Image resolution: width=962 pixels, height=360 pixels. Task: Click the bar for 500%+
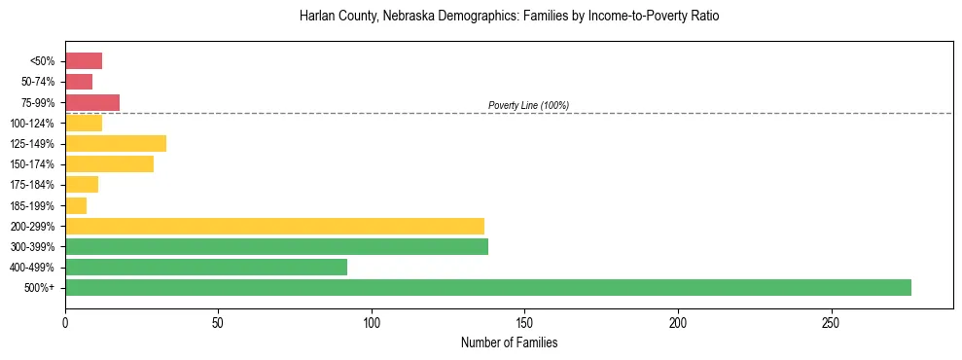487,287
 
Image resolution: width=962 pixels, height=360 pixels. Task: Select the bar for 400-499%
206,267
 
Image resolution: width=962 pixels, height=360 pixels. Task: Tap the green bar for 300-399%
276,246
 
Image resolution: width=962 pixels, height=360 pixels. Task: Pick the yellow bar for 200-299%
274,226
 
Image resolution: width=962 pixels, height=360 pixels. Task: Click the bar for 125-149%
116,144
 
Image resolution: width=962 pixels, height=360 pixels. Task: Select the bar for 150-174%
109,164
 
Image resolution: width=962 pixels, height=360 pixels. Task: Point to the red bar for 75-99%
92,103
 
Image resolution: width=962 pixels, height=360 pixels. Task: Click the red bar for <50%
84,61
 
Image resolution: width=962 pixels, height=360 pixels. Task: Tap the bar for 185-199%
76,205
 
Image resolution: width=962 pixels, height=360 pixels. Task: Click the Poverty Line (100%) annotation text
528,105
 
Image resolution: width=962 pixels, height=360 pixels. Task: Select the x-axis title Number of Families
509,342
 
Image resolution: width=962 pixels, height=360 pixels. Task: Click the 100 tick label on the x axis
372,322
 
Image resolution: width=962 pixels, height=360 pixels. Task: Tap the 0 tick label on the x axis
65,322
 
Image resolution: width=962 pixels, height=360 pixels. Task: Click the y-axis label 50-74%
38,83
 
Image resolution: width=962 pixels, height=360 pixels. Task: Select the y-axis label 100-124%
33,124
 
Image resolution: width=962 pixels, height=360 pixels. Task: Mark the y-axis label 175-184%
33,185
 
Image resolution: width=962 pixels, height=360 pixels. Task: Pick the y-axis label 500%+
40,288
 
